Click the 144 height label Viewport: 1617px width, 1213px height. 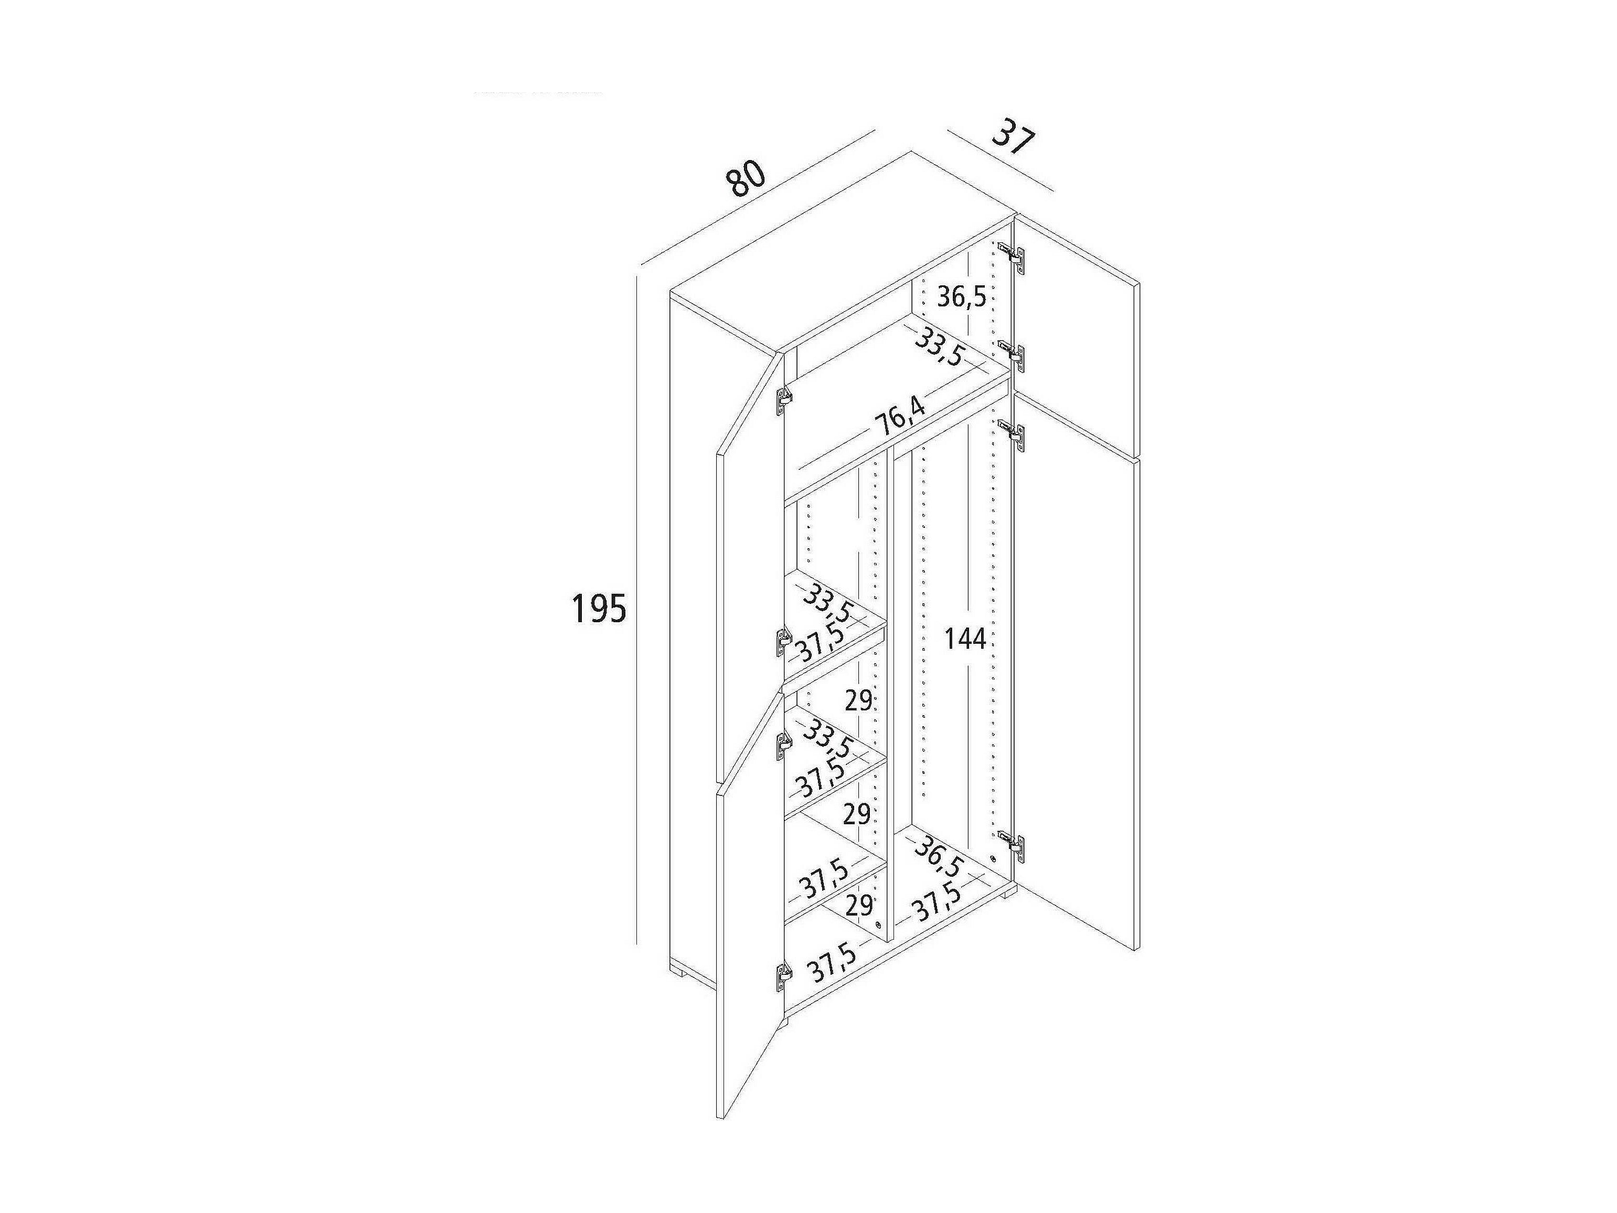pyautogui.click(x=965, y=639)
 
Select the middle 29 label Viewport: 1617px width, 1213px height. pyautogui.click(x=857, y=813)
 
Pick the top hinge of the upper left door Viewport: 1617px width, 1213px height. pyautogui.click(x=783, y=399)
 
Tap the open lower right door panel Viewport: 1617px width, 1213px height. pyautogui.click(x=1075, y=702)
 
